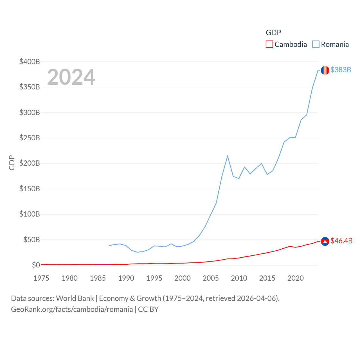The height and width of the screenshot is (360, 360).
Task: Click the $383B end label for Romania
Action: [x=341, y=70]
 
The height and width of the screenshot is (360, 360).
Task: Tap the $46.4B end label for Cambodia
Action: [x=341, y=241]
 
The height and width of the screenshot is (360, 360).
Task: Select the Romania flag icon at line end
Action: [x=325, y=70]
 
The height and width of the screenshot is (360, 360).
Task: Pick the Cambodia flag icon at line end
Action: [x=325, y=241]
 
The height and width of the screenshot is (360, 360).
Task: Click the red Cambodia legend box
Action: [x=269, y=44]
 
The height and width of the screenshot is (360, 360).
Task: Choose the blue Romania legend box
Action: [x=316, y=44]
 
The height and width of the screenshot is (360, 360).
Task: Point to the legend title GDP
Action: [x=273, y=33]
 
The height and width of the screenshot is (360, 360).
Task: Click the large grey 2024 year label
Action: [x=71, y=77]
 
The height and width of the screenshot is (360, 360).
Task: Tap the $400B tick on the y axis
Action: [x=30, y=62]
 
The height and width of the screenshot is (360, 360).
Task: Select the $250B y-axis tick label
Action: [x=30, y=138]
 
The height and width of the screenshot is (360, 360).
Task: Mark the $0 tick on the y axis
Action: [x=36, y=265]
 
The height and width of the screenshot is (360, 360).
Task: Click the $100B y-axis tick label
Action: [x=30, y=214]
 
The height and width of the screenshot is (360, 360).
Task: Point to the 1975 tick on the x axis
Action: [x=41, y=278]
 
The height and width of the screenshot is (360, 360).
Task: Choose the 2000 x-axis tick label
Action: [x=183, y=278]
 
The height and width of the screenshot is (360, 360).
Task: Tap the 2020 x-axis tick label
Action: [x=296, y=278]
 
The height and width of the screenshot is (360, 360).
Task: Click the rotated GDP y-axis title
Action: [x=12, y=163]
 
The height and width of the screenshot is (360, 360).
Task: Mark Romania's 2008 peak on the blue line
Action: [x=228, y=156]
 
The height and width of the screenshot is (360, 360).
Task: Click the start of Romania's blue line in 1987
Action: [x=109, y=246]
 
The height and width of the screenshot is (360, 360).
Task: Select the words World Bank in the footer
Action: [x=75, y=298]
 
